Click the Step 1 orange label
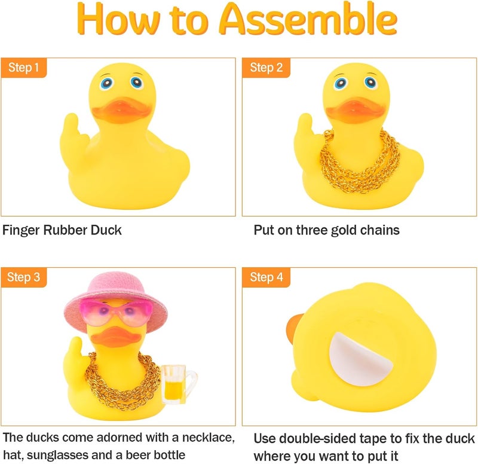(x=23, y=67)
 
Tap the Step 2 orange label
(x=266, y=67)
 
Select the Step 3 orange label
(x=23, y=277)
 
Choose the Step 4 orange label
(x=266, y=277)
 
